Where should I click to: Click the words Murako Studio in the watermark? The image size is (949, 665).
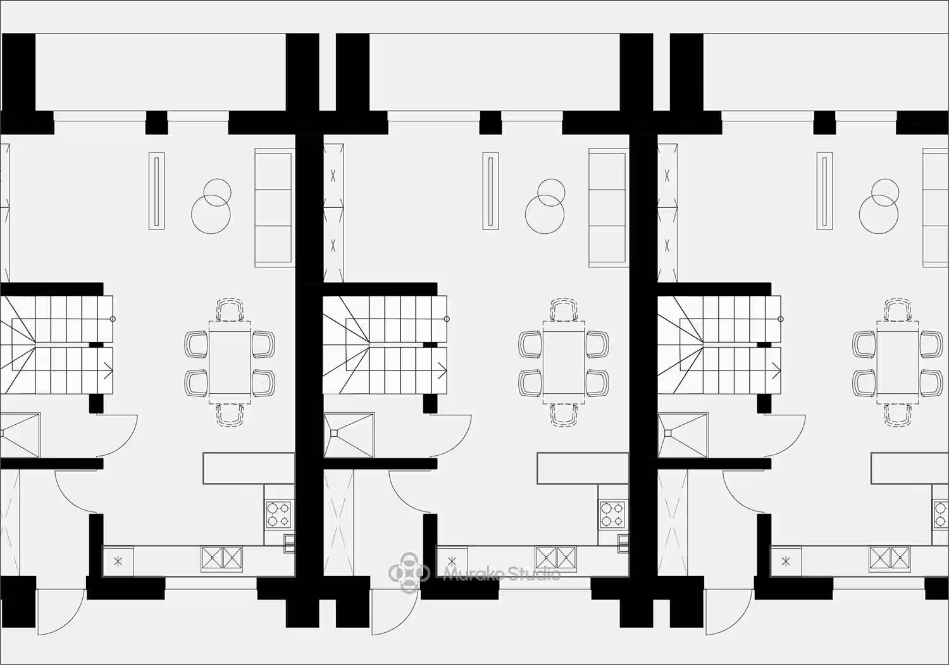502,574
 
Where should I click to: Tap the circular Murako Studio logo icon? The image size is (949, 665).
409,573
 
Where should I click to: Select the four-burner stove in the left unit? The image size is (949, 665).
278,514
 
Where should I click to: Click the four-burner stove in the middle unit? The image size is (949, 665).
612,514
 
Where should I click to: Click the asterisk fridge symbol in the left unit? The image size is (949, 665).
118,562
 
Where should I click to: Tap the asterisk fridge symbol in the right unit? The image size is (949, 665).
786,562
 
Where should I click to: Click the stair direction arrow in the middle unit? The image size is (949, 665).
442,371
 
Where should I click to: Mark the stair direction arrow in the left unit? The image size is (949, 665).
108,371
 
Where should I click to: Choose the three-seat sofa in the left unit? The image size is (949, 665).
274,207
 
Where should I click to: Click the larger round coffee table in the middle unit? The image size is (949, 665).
544,214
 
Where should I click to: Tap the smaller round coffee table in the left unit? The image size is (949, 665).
218,193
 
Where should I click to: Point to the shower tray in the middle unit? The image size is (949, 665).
349,435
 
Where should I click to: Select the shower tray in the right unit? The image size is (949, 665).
683,435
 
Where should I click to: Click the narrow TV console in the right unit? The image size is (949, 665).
824,191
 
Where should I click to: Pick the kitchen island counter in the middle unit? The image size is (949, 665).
583,468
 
